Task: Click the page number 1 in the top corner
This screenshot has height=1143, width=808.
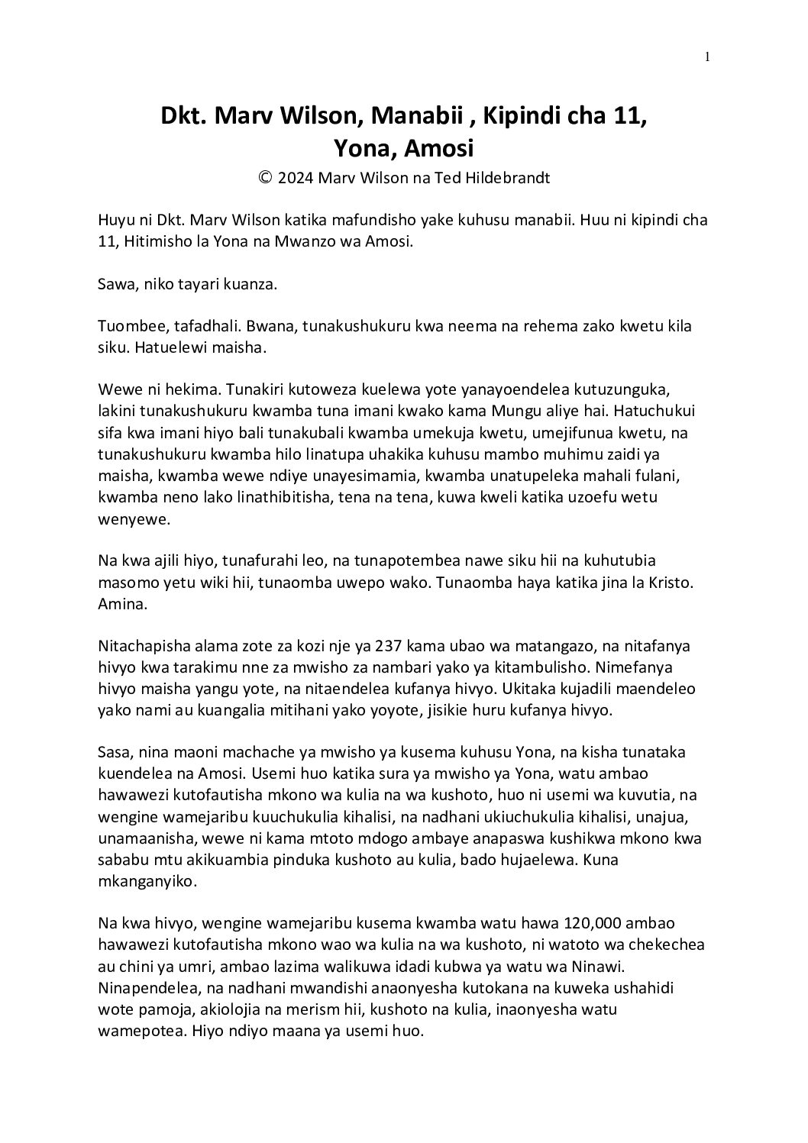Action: [x=708, y=56]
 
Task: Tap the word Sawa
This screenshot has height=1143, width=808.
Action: [x=116, y=285]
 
